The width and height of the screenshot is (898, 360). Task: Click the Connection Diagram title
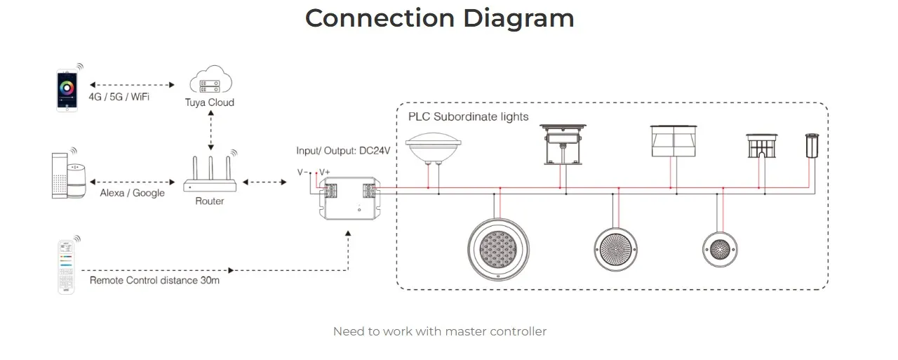point(440,18)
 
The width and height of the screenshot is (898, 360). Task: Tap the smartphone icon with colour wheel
point(67,89)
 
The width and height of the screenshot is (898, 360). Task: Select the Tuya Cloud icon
point(210,81)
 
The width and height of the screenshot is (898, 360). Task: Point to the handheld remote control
point(65,266)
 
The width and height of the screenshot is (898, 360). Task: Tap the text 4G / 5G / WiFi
point(119,97)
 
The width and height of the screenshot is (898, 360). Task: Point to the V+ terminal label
point(325,172)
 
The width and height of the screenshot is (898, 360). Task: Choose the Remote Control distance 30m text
point(154,280)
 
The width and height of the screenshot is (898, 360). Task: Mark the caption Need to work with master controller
point(440,331)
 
